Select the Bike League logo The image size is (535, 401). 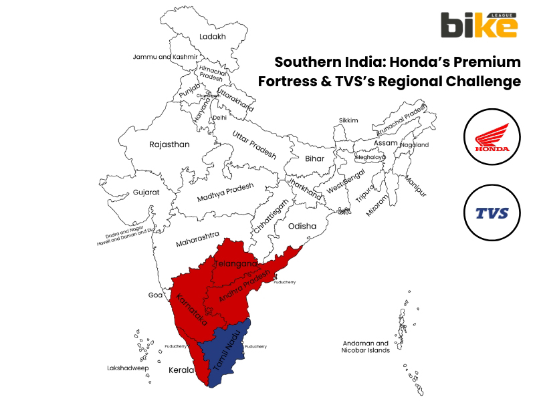tap(478, 25)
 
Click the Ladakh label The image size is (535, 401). tap(212, 36)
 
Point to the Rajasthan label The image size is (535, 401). tap(169, 144)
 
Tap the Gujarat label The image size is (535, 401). tap(146, 192)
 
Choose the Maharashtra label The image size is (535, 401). tap(197, 239)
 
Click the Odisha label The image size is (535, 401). tap(302, 226)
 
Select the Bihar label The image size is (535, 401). tap(314, 158)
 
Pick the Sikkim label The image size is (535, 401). tap(348, 120)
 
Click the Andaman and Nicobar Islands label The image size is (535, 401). tap(365, 346)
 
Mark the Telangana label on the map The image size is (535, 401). tap(235, 265)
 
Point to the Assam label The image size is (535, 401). tap(385, 143)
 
